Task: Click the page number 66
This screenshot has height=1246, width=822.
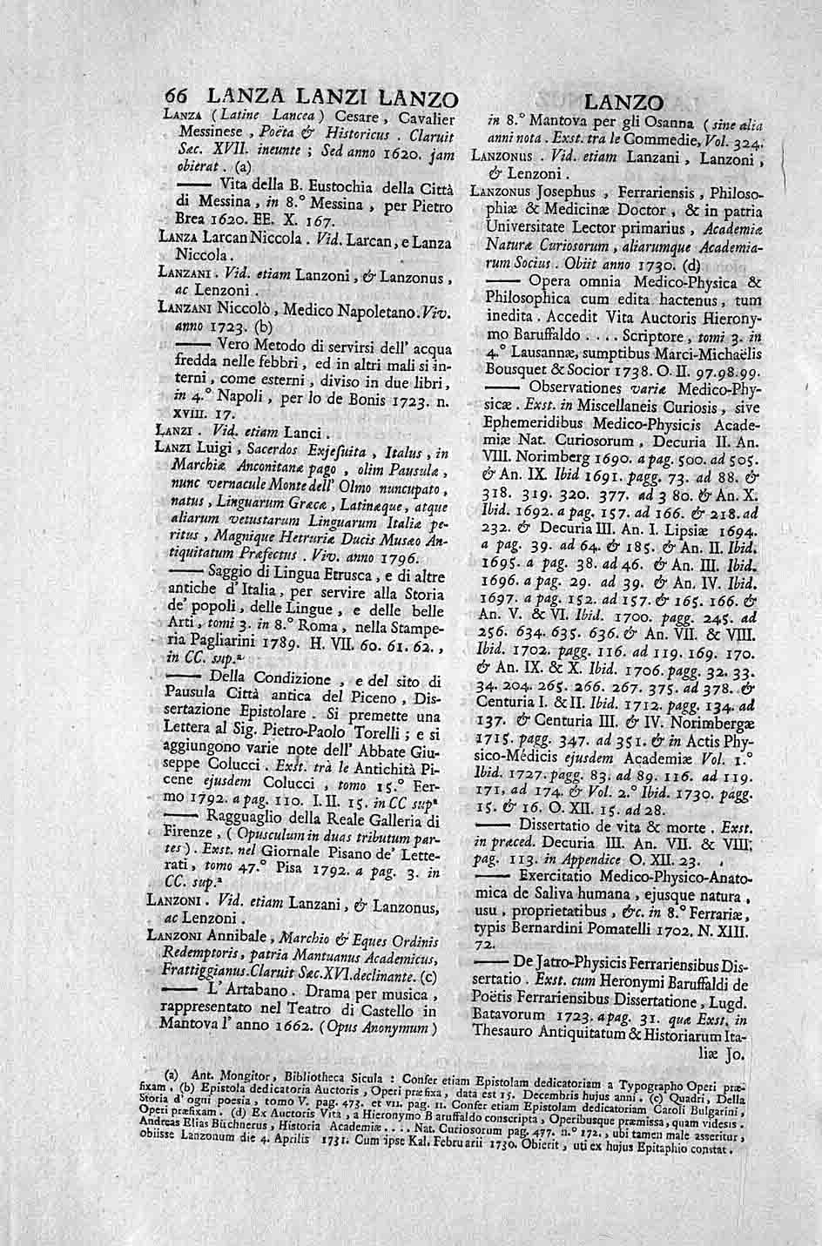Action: pos(178,98)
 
